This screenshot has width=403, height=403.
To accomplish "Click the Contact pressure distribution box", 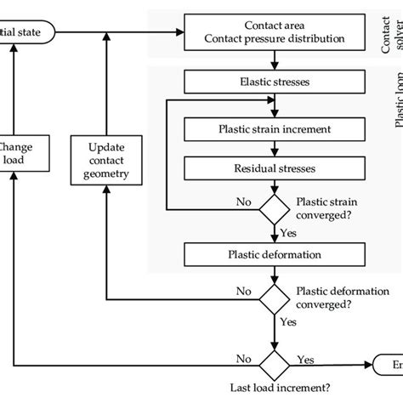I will [x=270, y=32].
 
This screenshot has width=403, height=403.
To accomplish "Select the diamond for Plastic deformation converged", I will [x=273, y=298].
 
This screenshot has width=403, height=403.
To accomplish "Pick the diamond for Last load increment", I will [x=273, y=364].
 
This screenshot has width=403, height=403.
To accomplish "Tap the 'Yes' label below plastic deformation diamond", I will [x=289, y=322].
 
